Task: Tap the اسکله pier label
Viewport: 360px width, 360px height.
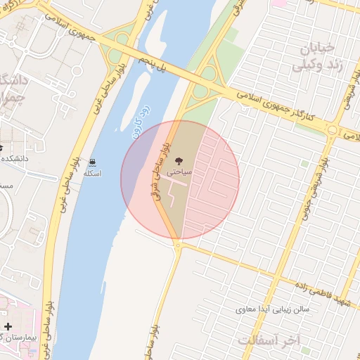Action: (x=92, y=173)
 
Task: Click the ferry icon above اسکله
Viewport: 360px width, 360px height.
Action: (x=92, y=162)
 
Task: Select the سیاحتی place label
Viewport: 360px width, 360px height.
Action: (x=180, y=171)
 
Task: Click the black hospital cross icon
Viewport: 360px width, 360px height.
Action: (x=8, y=326)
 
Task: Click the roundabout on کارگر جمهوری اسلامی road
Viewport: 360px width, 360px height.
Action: (x=331, y=129)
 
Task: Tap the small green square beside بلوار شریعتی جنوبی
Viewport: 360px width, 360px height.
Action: (x=304, y=164)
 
